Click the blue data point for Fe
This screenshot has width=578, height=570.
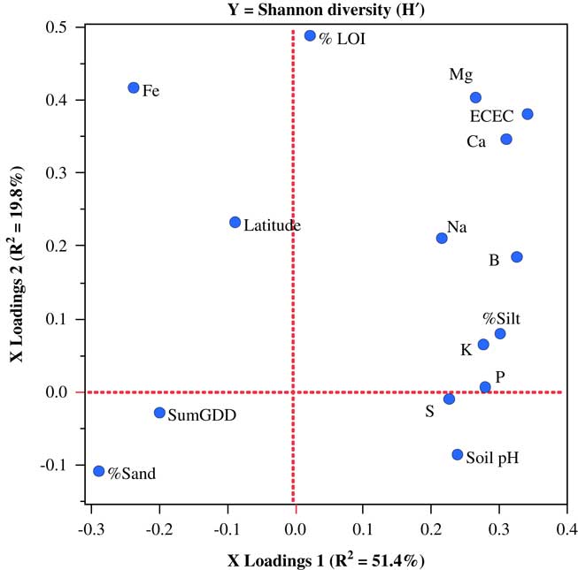pos(134,87)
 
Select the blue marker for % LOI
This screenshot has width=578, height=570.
pos(310,36)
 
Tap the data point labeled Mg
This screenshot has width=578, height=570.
pos(475,98)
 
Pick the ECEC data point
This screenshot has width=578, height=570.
pos(528,114)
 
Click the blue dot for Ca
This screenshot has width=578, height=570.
pos(506,140)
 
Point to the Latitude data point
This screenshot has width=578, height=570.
pos(235,223)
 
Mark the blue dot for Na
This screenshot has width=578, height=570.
pos(442,239)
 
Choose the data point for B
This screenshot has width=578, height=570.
pos(517,257)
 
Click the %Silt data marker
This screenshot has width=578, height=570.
pos(500,333)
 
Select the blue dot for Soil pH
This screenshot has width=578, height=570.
pos(458,454)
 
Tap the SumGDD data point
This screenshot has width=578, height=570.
pos(159,413)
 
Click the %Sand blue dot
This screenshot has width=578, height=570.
pos(99,471)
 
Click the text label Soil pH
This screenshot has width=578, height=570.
pos(492,458)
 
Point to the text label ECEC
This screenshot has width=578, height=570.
pos(491,116)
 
